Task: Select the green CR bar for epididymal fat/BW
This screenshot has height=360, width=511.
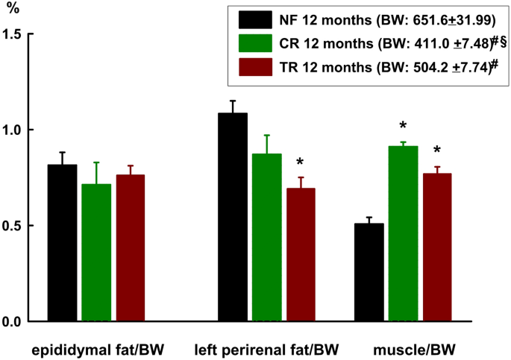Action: tap(96, 253)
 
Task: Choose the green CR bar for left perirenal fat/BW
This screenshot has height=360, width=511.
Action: tap(266, 238)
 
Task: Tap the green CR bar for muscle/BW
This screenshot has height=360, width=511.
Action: tap(403, 234)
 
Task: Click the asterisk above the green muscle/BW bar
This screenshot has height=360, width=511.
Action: tap(403, 126)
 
